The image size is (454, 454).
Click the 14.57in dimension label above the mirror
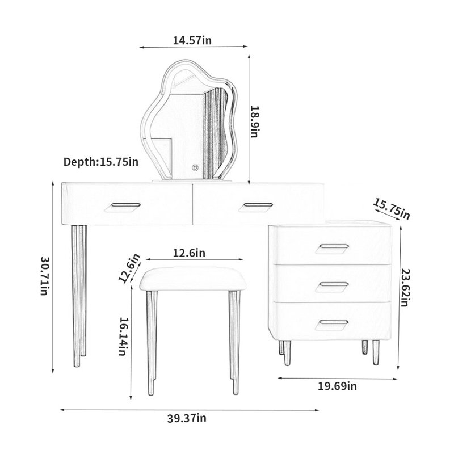pyautogui.click(x=192, y=40)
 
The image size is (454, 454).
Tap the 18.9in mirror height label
pyautogui.click(x=254, y=121)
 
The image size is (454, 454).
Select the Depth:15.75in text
pyautogui.click(x=101, y=162)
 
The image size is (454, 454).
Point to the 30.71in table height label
pyautogui.click(x=45, y=276)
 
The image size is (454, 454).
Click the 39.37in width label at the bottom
pyautogui.click(x=187, y=418)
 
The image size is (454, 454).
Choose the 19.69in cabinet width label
pyautogui.click(x=337, y=386)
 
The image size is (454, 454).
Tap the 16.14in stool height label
pyautogui.click(x=123, y=336)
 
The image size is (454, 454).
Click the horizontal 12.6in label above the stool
pyautogui.click(x=189, y=253)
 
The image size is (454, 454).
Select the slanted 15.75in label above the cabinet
pyautogui.click(x=391, y=209)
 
